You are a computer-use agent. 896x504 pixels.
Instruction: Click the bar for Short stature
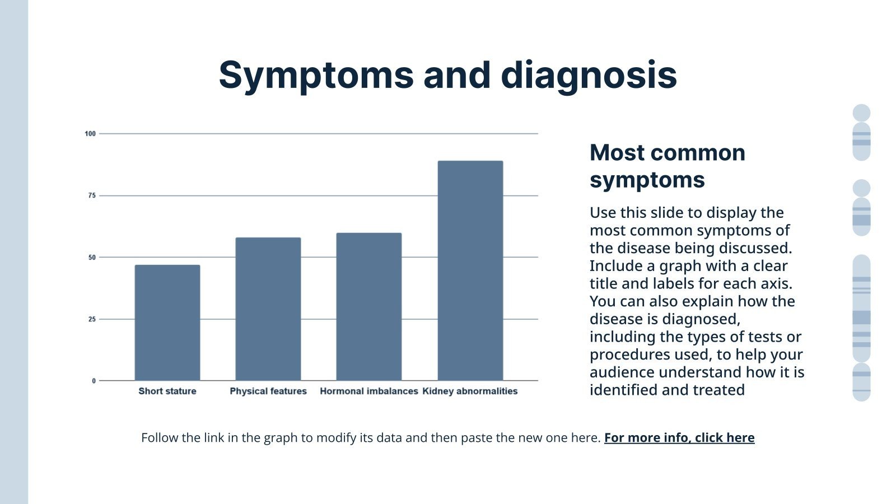[x=167, y=323]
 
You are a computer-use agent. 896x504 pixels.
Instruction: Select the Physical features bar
[x=268, y=309]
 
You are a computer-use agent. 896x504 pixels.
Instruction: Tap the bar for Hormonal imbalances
[x=368, y=307]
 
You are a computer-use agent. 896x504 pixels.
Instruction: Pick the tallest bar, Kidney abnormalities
[x=470, y=271]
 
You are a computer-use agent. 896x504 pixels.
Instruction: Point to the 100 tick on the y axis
[x=90, y=134]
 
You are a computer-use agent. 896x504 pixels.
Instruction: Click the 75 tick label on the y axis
[x=92, y=195]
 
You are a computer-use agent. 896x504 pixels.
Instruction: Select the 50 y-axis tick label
[x=92, y=258]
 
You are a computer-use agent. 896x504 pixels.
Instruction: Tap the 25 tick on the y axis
[x=92, y=319]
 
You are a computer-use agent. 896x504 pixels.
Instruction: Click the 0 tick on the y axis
[x=94, y=381]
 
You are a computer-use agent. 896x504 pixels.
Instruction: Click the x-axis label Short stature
[x=167, y=391]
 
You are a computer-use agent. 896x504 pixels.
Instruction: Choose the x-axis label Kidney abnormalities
[x=470, y=391]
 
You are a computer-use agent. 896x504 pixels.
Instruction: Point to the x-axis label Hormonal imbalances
[x=368, y=391]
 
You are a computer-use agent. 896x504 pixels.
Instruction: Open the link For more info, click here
[x=679, y=438]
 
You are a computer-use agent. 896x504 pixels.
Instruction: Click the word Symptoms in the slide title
[x=316, y=76]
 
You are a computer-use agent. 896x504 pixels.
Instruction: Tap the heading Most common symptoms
[x=667, y=166]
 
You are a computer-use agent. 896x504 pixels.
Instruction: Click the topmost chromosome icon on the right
[x=861, y=133]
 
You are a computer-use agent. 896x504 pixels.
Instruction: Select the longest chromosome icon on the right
[x=861, y=308]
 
